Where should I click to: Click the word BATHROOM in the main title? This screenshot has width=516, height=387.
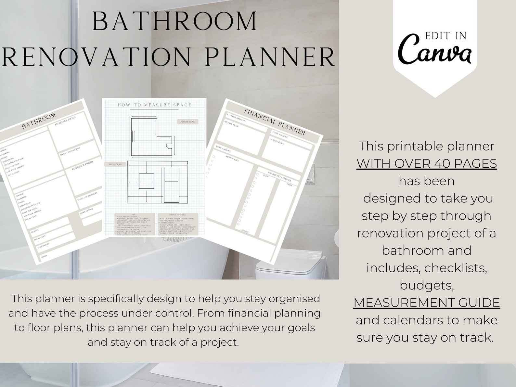[175, 22]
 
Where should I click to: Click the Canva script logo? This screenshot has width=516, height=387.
[435, 52]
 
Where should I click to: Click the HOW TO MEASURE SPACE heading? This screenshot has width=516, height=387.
[154, 105]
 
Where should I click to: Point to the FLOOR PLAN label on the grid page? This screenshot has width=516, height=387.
[188, 122]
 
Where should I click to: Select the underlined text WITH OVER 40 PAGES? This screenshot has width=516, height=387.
[427, 163]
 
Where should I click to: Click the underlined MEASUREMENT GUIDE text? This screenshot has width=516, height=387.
[427, 303]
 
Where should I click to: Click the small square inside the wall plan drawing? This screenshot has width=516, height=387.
[146, 181]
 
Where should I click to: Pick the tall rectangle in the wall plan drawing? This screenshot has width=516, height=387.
[172, 185]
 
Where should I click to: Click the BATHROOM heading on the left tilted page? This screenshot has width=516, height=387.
[39, 121]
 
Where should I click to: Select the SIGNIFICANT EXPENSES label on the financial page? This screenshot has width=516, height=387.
[279, 176]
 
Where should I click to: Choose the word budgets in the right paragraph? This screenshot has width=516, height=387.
[426, 285]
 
